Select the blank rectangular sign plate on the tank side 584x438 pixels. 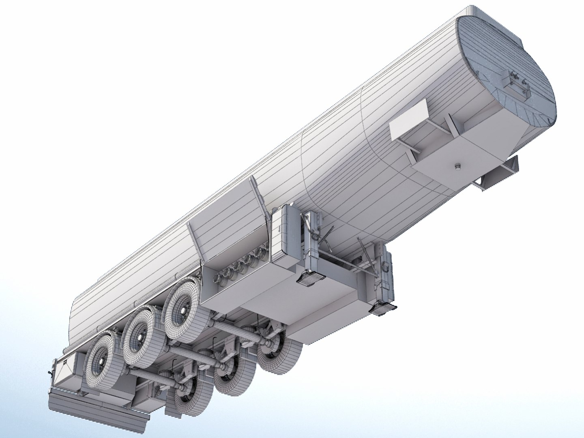click(410, 119)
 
